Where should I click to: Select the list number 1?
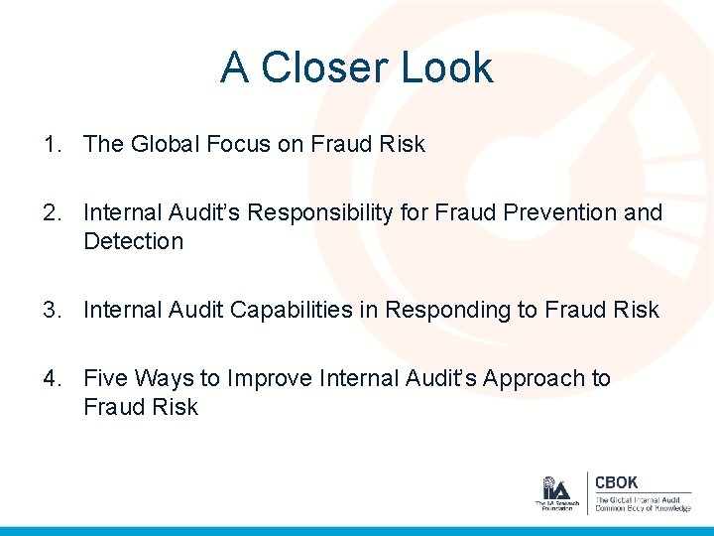(50, 145)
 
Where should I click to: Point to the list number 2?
(50, 212)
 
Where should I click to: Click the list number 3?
(50, 311)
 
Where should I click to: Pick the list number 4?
(50, 379)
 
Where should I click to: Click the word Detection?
(133, 241)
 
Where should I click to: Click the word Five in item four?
(106, 379)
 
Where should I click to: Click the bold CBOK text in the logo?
(616, 482)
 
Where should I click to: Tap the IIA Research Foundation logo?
(555, 493)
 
